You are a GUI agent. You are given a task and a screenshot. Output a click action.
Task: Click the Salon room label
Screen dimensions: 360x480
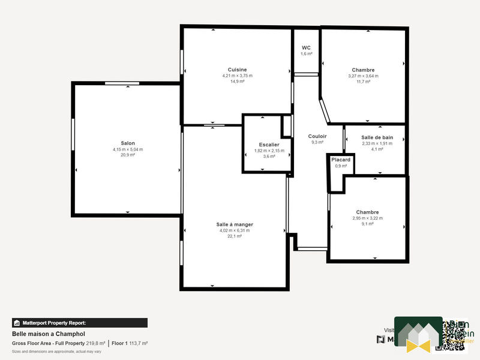click(128, 143)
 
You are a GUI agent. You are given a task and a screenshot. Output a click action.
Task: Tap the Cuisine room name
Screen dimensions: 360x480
click(237, 70)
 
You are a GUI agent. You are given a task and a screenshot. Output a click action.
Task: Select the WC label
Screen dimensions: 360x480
click(306, 47)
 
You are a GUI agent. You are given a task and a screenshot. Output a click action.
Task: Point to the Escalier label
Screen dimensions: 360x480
click(269, 145)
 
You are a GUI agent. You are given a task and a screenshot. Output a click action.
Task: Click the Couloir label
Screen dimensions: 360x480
click(317, 136)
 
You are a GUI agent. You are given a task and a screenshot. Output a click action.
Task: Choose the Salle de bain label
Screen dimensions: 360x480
click(377, 137)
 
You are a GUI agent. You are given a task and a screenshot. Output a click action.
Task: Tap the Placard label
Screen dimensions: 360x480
click(341, 160)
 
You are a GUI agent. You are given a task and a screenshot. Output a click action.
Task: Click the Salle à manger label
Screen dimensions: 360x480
click(235, 224)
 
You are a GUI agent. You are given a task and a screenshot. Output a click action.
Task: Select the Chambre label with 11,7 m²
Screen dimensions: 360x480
click(363, 70)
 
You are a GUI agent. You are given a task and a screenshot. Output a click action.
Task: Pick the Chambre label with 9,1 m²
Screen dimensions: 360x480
click(367, 212)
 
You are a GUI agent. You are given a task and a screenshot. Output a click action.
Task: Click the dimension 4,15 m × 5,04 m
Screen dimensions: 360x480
click(128, 149)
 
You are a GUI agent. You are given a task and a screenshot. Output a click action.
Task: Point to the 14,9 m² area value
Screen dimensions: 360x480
click(238, 82)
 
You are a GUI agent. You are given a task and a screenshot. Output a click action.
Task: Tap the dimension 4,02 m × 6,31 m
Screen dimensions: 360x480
click(235, 230)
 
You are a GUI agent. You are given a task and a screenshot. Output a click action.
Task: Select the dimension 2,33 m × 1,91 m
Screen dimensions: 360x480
click(377, 143)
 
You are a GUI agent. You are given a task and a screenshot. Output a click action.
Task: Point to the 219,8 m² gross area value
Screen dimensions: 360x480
click(96, 343)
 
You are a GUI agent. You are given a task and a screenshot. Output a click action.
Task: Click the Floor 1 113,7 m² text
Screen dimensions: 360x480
click(130, 343)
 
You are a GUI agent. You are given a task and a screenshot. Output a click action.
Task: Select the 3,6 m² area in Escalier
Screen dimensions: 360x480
click(269, 157)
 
